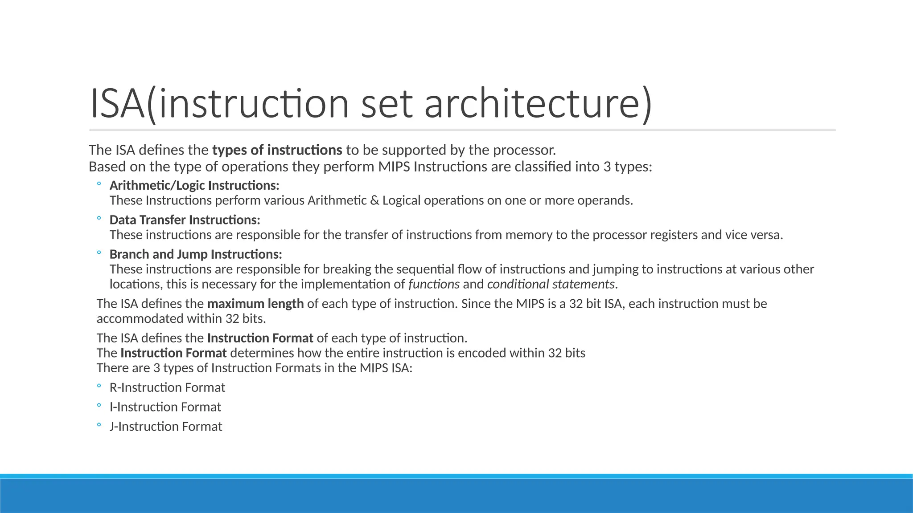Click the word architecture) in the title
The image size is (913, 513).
click(x=538, y=104)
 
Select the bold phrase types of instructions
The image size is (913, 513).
click(x=277, y=150)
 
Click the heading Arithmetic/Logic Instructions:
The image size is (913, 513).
click(x=194, y=185)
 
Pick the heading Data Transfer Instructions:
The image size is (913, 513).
click(x=185, y=220)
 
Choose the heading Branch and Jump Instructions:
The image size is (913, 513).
click(x=196, y=254)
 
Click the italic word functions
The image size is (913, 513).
click(x=434, y=284)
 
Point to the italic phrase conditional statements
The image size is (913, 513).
click(x=551, y=284)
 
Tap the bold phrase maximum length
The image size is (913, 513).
click(x=255, y=304)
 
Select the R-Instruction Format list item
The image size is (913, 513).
click(x=167, y=387)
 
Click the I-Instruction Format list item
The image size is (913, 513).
click(x=165, y=407)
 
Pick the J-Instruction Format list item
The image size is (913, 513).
click(x=166, y=427)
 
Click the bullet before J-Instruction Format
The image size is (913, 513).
click(x=99, y=425)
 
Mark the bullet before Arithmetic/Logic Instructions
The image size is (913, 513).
click(x=99, y=184)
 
